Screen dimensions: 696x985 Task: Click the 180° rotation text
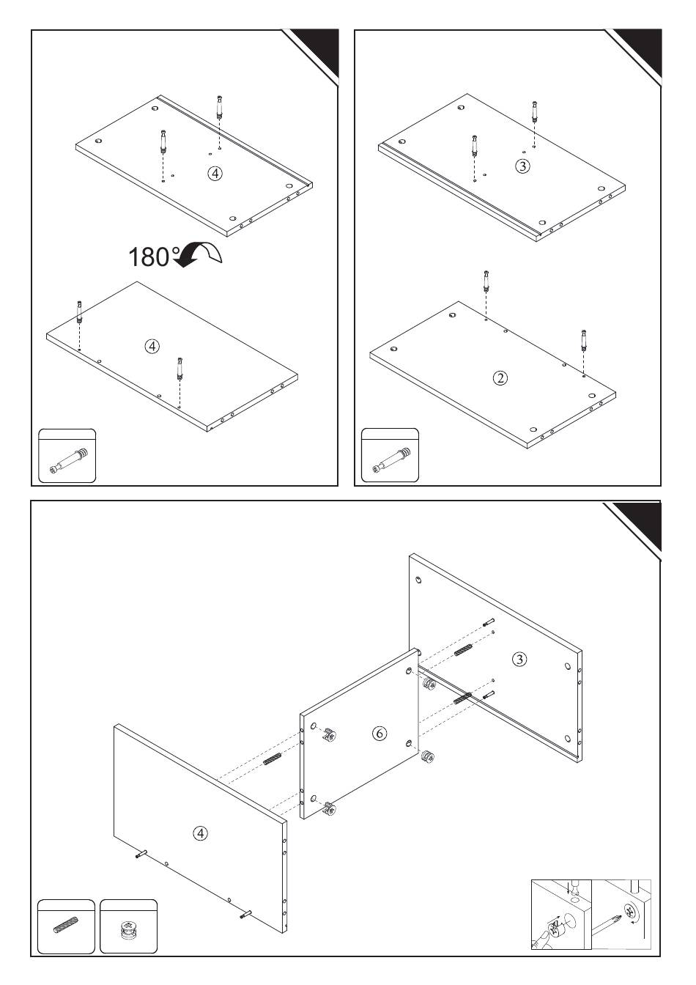pos(154,257)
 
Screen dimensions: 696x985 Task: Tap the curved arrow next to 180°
pos(199,254)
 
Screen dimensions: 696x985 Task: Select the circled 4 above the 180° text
pos(215,174)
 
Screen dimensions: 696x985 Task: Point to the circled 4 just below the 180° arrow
pos(152,346)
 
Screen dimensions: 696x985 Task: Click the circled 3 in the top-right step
pos(522,166)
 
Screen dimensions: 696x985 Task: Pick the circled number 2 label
pos(500,377)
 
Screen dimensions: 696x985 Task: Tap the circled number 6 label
pos(380,733)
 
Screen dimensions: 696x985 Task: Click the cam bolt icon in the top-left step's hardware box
pos(69,460)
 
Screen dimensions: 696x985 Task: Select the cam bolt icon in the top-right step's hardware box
pos(391,460)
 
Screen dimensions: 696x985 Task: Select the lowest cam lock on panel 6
pos(330,808)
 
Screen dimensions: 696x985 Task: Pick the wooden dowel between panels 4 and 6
pos(272,759)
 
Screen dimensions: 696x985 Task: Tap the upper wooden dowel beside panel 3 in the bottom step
pos(462,649)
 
